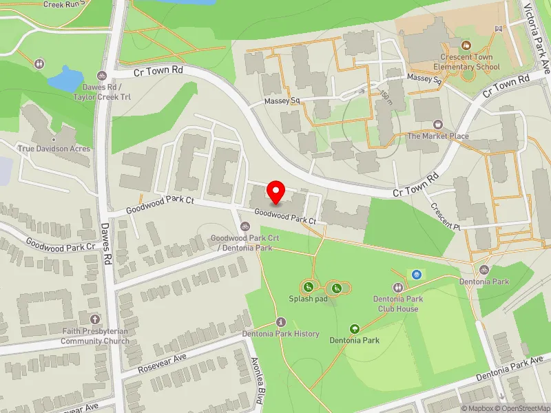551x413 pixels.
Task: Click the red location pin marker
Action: (276, 191)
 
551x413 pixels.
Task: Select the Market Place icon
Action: (437, 125)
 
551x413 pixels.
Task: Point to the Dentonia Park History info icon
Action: (280, 322)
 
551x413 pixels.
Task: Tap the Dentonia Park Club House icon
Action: (398, 287)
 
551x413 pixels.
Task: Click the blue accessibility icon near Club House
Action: (416, 274)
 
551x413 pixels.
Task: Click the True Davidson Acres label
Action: (54, 149)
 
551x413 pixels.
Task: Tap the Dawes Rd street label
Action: (107, 251)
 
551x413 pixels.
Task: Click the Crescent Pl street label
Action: (446, 216)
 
